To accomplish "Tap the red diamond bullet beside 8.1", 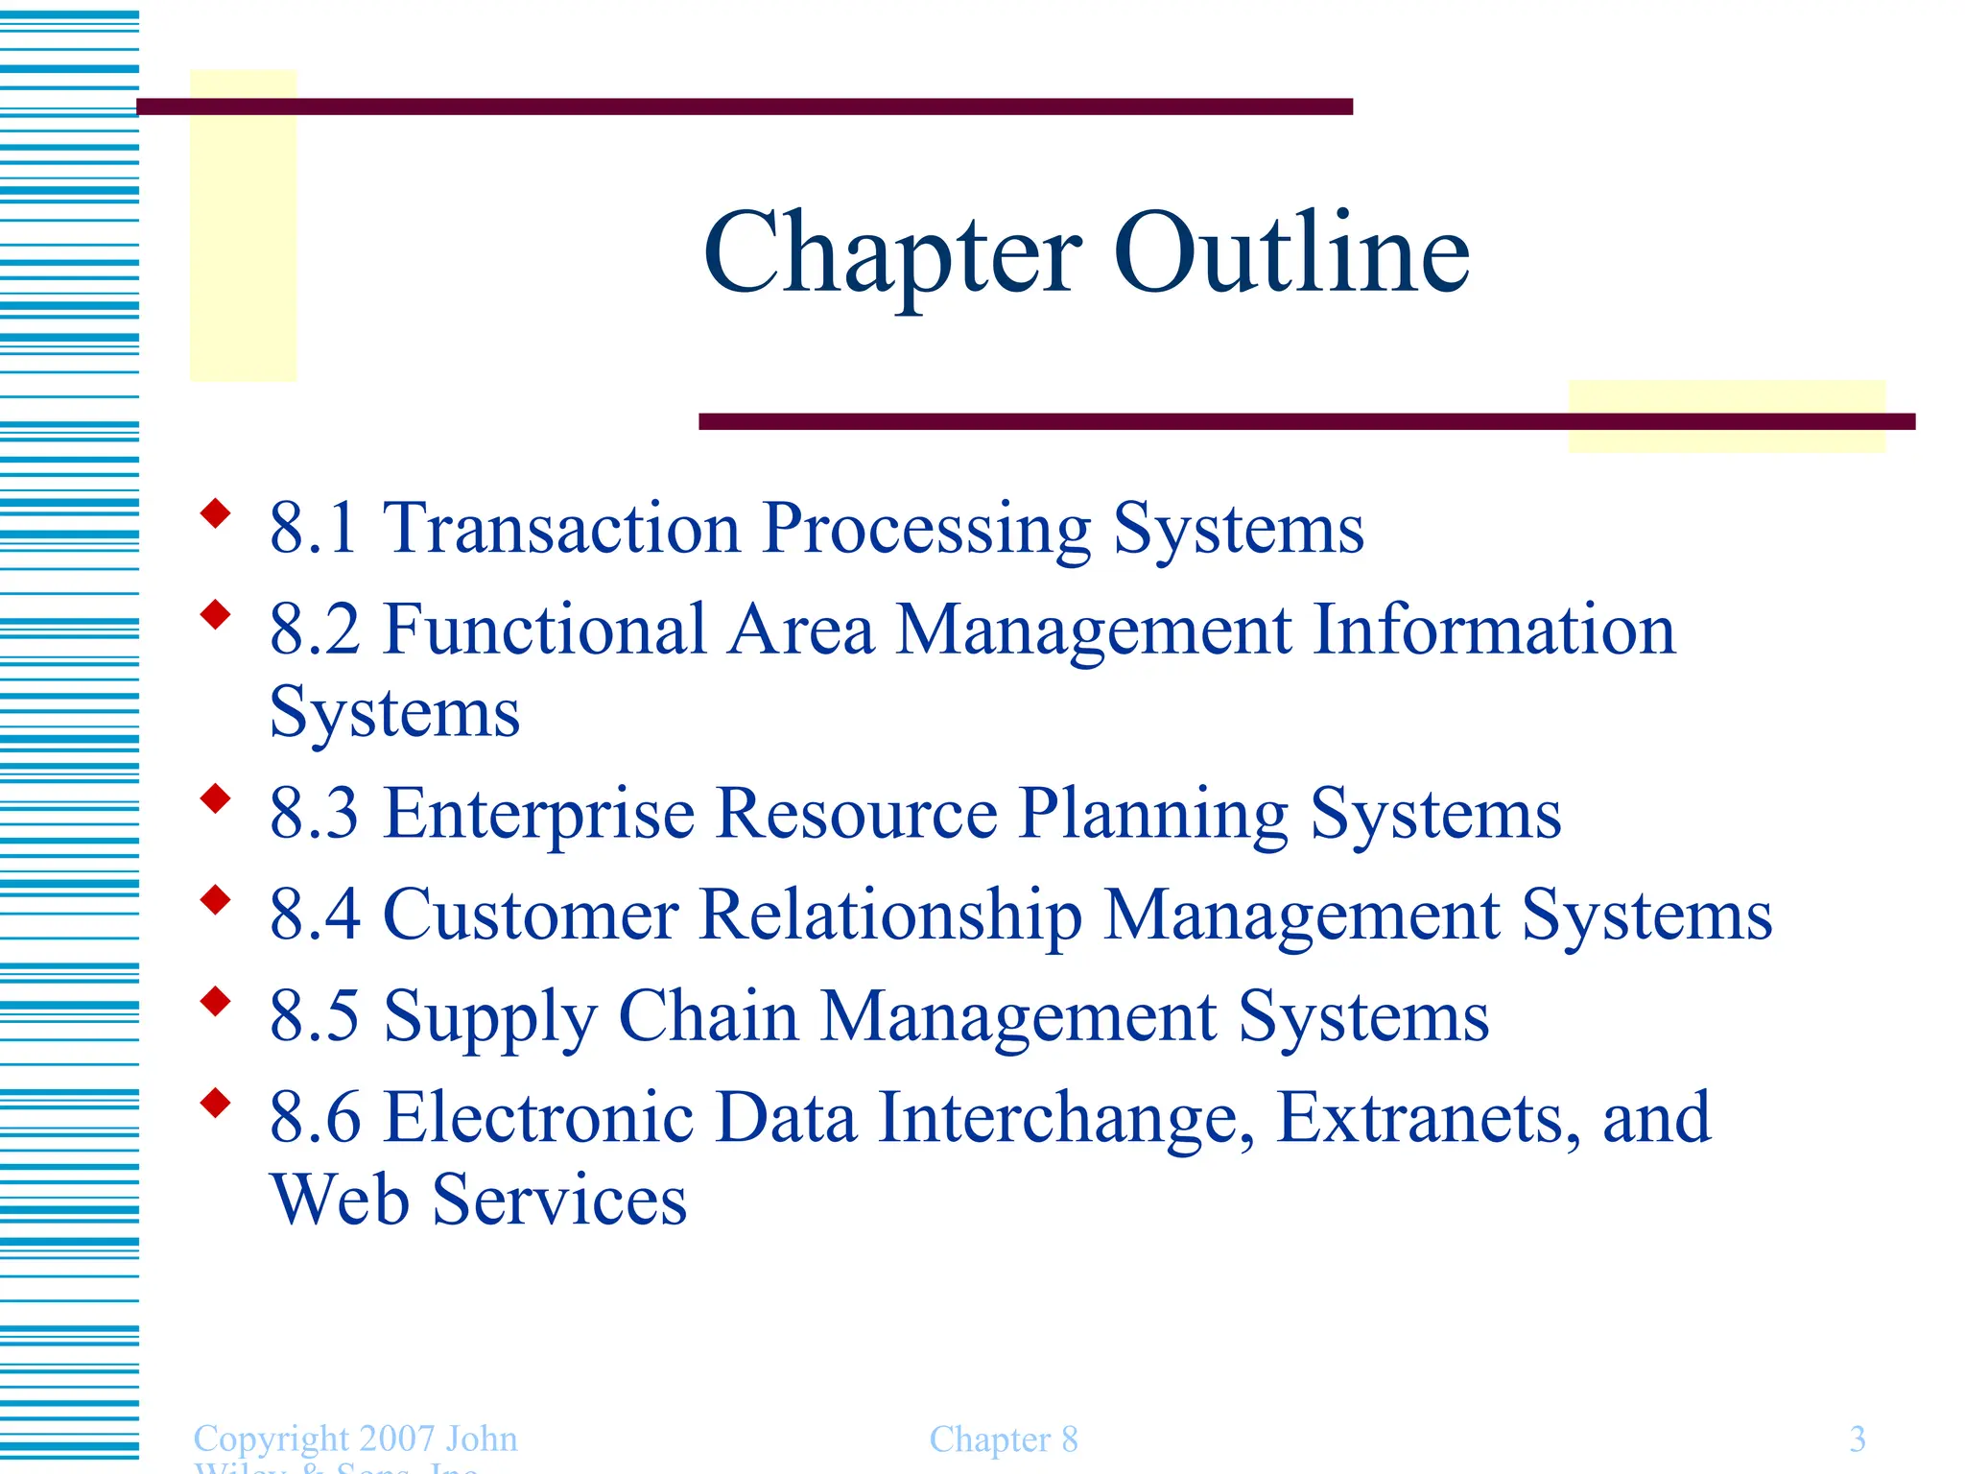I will (216, 513).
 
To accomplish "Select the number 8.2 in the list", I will (315, 630).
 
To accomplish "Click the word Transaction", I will (562, 528).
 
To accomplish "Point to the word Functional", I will (544, 630).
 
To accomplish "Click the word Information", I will (1493, 630).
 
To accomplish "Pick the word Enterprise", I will (539, 814).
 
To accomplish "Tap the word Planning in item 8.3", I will (1153, 814).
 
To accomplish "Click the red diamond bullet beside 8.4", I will (216, 900).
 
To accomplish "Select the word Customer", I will (531, 915).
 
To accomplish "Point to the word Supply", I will (489, 1017).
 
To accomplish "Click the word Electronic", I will (538, 1117).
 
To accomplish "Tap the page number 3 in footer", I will (1858, 1438).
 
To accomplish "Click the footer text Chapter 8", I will (1004, 1439).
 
